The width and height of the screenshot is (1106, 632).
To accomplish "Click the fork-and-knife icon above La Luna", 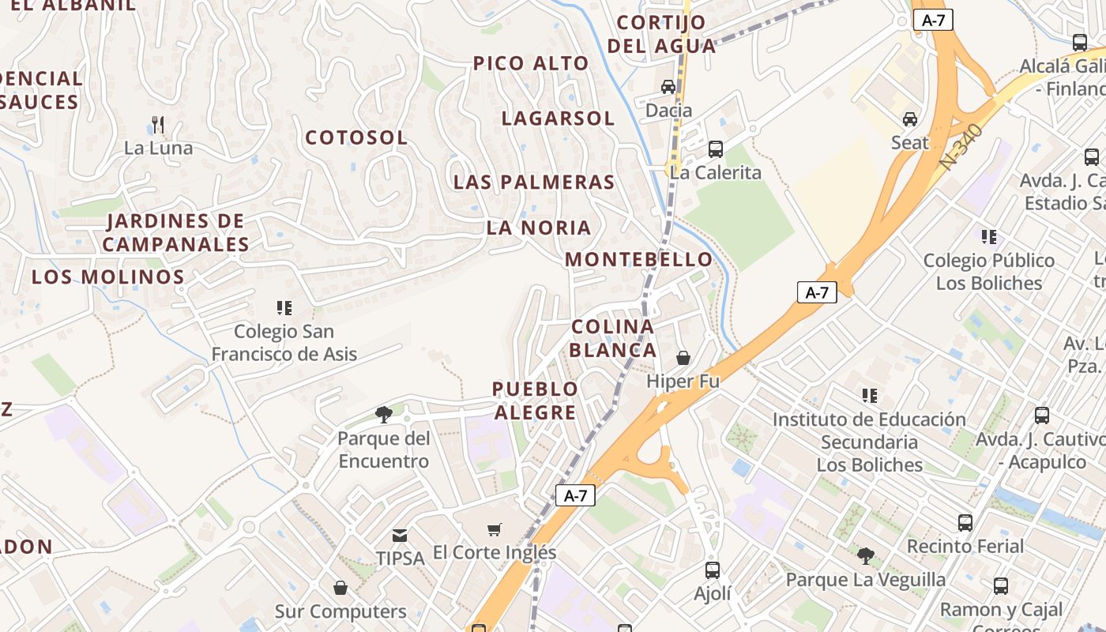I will pyautogui.click(x=158, y=124).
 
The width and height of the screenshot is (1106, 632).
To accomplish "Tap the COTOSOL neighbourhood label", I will pyautogui.click(x=356, y=137).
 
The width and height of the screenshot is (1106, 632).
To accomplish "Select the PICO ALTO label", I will pyautogui.click(x=531, y=63).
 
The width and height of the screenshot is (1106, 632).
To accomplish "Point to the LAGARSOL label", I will pyautogui.click(x=558, y=118).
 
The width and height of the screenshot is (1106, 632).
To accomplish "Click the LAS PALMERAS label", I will pyautogui.click(x=534, y=182).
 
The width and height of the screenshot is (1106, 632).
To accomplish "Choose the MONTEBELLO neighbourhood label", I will pyautogui.click(x=638, y=259).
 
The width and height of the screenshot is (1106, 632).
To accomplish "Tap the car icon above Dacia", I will pyautogui.click(x=668, y=87).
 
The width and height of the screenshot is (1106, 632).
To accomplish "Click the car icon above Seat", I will pyautogui.click(x=910, y=119).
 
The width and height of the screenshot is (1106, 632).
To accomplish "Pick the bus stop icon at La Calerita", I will pyautogui.click(x=715, y=149).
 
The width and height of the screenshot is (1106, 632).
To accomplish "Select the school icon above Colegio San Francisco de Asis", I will pyautogui.click(x=284, y=307).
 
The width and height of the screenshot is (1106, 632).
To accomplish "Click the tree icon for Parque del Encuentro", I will pyautogui.click(x=384, y=414).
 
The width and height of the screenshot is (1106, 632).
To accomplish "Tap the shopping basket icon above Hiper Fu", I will pyautogui.click(x=683, y=358).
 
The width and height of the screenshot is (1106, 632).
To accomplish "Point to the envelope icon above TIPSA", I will pyautogui.click(x=401, y=535).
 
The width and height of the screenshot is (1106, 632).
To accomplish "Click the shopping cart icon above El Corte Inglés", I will pyautogui.click(x=495, y=529).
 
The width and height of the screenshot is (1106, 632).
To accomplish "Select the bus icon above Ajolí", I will pyautogui.click(x=712, y=570).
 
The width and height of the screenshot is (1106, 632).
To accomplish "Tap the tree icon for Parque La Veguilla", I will pyautogui.click(x=866, y=555).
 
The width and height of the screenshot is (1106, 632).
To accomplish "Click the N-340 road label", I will pyautogui.click(x=961, y=147).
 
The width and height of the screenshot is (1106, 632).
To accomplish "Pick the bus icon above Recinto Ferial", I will pyautogui.click(x=965, y=522).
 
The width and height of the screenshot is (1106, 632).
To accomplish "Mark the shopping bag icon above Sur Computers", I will pyautogui.click(x=340, y=587).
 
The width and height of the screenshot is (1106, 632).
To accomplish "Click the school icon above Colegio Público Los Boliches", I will pyautogui.click(x=988, y=236).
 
